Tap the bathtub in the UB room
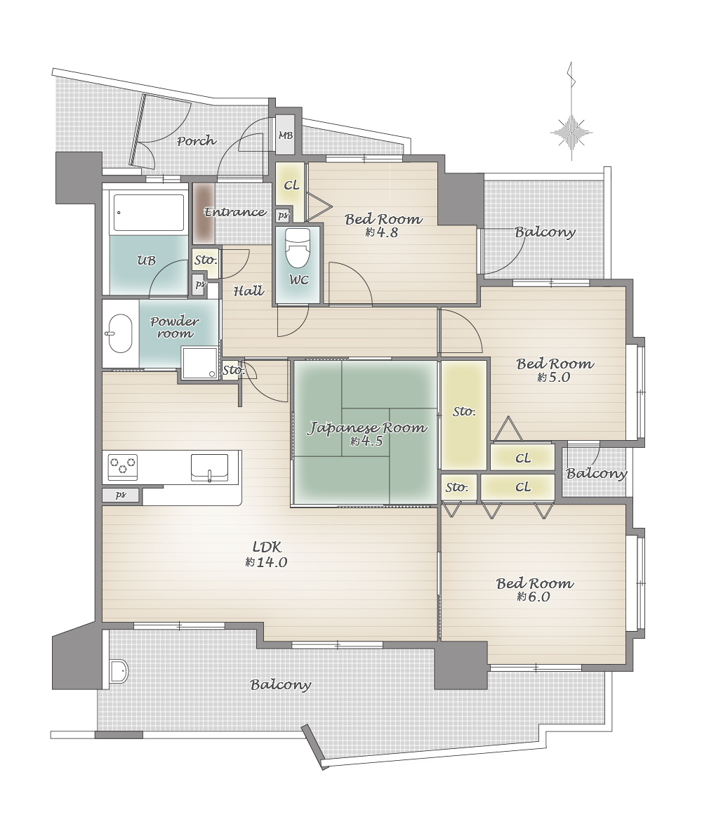coord(149,213)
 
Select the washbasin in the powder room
coord(119,333)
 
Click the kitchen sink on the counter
coord(209,467)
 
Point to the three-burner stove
coord(122,467)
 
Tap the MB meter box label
coord(285,135)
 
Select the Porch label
coord(197,140)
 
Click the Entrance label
coord(235,212)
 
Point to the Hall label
coord(249,291)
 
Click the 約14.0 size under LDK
coord(266,562)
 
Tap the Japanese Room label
coord(367,428)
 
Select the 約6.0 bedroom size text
coord(533,597)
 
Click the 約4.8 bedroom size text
coord(381,232)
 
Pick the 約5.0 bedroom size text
coord(553,377)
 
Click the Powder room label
coord(175,328)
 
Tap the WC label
coord(298,280)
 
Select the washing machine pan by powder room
coord(199,363)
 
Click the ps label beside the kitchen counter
coord(120,495)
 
